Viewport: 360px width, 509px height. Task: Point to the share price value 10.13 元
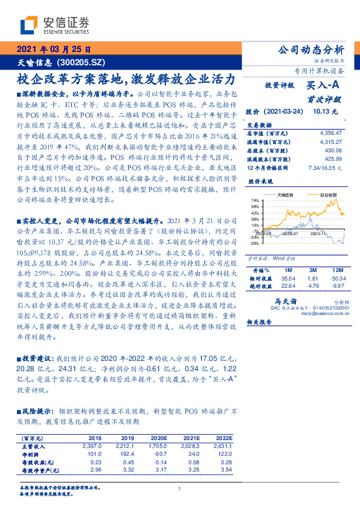326,112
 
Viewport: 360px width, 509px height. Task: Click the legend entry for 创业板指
329,195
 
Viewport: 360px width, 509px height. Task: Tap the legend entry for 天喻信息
286,195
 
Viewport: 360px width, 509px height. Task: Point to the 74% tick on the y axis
255,200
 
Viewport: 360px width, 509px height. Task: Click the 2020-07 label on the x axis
291,232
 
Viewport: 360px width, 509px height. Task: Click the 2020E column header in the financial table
159,438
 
